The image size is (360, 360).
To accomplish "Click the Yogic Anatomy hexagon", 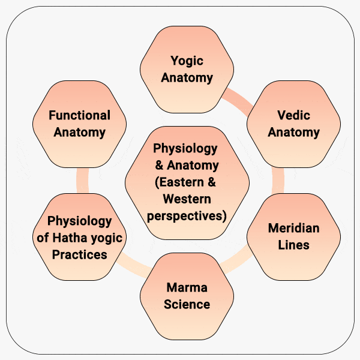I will pos(187,69).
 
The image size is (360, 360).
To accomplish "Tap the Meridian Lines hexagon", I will pos(293,236).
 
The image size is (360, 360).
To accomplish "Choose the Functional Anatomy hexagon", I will pos(80,124).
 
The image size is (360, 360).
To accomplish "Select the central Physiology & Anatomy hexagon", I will pos(187,182).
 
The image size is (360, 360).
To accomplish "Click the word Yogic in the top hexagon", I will pos(187,61).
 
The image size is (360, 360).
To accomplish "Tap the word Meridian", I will pos(293,229).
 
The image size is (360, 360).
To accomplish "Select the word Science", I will pos(187,304).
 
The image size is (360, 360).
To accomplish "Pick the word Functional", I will pos(80,115).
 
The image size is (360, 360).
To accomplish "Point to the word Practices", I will pos(80,254).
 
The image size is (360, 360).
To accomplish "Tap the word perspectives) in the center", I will pos(187,215).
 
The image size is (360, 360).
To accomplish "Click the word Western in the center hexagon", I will pos(186,199).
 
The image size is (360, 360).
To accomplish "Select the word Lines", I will pos(293,245).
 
